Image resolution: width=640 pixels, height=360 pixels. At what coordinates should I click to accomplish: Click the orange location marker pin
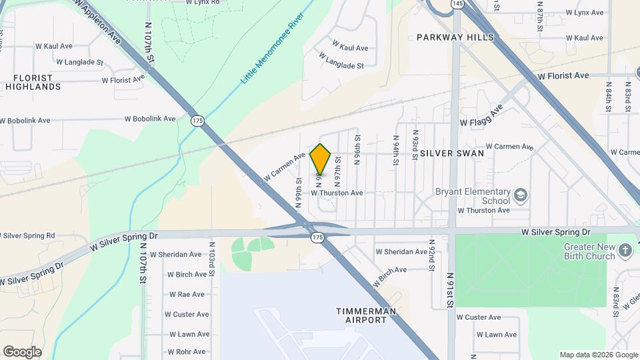(x=321, y=159)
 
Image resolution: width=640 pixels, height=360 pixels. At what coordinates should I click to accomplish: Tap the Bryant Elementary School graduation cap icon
(x=520, y=195)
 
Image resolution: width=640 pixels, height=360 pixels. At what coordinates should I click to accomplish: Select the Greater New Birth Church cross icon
(x=625, y=251)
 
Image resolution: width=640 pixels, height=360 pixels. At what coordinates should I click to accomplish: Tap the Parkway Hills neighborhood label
(x=455, y=37)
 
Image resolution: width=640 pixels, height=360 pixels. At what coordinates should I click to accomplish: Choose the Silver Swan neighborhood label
(x=452, y=153)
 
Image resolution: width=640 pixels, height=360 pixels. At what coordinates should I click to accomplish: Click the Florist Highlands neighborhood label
(x=33, y=82)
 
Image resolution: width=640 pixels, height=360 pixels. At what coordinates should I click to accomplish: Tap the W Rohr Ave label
(x=187, y=351)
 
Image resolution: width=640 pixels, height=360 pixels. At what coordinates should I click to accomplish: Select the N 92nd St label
(x=432, y=256)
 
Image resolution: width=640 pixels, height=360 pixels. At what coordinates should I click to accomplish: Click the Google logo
(x=22, y=352)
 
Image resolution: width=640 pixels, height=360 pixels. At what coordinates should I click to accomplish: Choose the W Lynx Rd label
(x=203, y=2)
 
